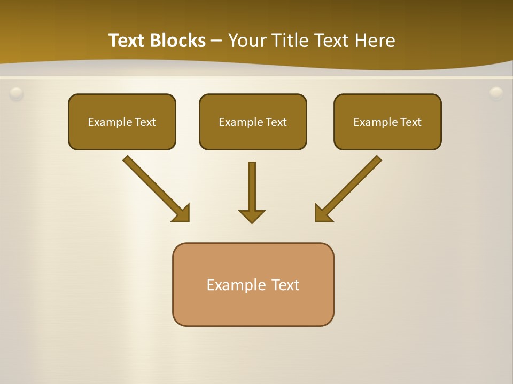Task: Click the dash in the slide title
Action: (216, 41)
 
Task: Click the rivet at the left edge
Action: (17, 94)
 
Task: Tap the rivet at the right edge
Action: (496, 93)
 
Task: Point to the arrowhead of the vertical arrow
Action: (252, 215)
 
